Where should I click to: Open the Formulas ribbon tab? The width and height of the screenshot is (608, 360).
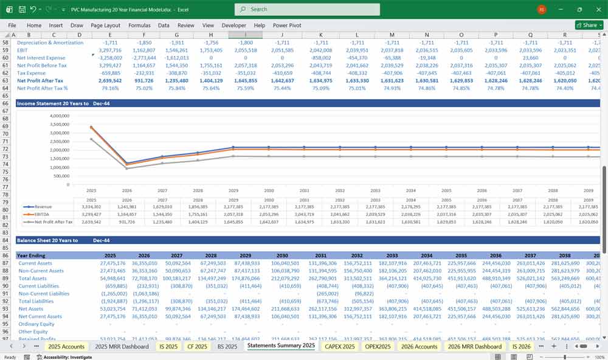pos(139,26)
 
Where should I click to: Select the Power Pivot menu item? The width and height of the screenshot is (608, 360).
pos(287,26)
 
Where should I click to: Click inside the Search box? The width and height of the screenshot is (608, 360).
pos(307,9)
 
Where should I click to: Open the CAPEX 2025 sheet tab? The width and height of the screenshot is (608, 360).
pos(340,346)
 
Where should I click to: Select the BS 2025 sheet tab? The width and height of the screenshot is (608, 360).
pos(227,346)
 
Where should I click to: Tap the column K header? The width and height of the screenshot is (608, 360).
pos(320,35)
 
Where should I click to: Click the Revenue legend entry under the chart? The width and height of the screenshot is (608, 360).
pos(43,207)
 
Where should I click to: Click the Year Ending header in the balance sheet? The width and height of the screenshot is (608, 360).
pos(31,256)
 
